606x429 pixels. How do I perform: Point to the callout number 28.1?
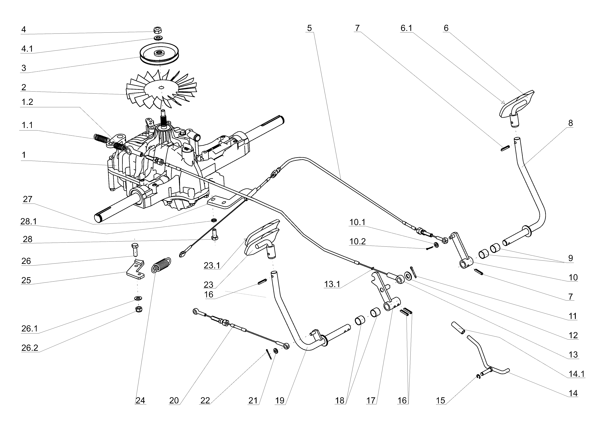29,221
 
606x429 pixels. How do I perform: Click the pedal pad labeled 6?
517,104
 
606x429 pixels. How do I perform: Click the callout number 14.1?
576,374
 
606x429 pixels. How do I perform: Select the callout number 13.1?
332,284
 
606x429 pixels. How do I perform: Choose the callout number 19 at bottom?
280,401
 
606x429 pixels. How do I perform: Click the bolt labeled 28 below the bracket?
214,235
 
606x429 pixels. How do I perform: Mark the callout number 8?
571,123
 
